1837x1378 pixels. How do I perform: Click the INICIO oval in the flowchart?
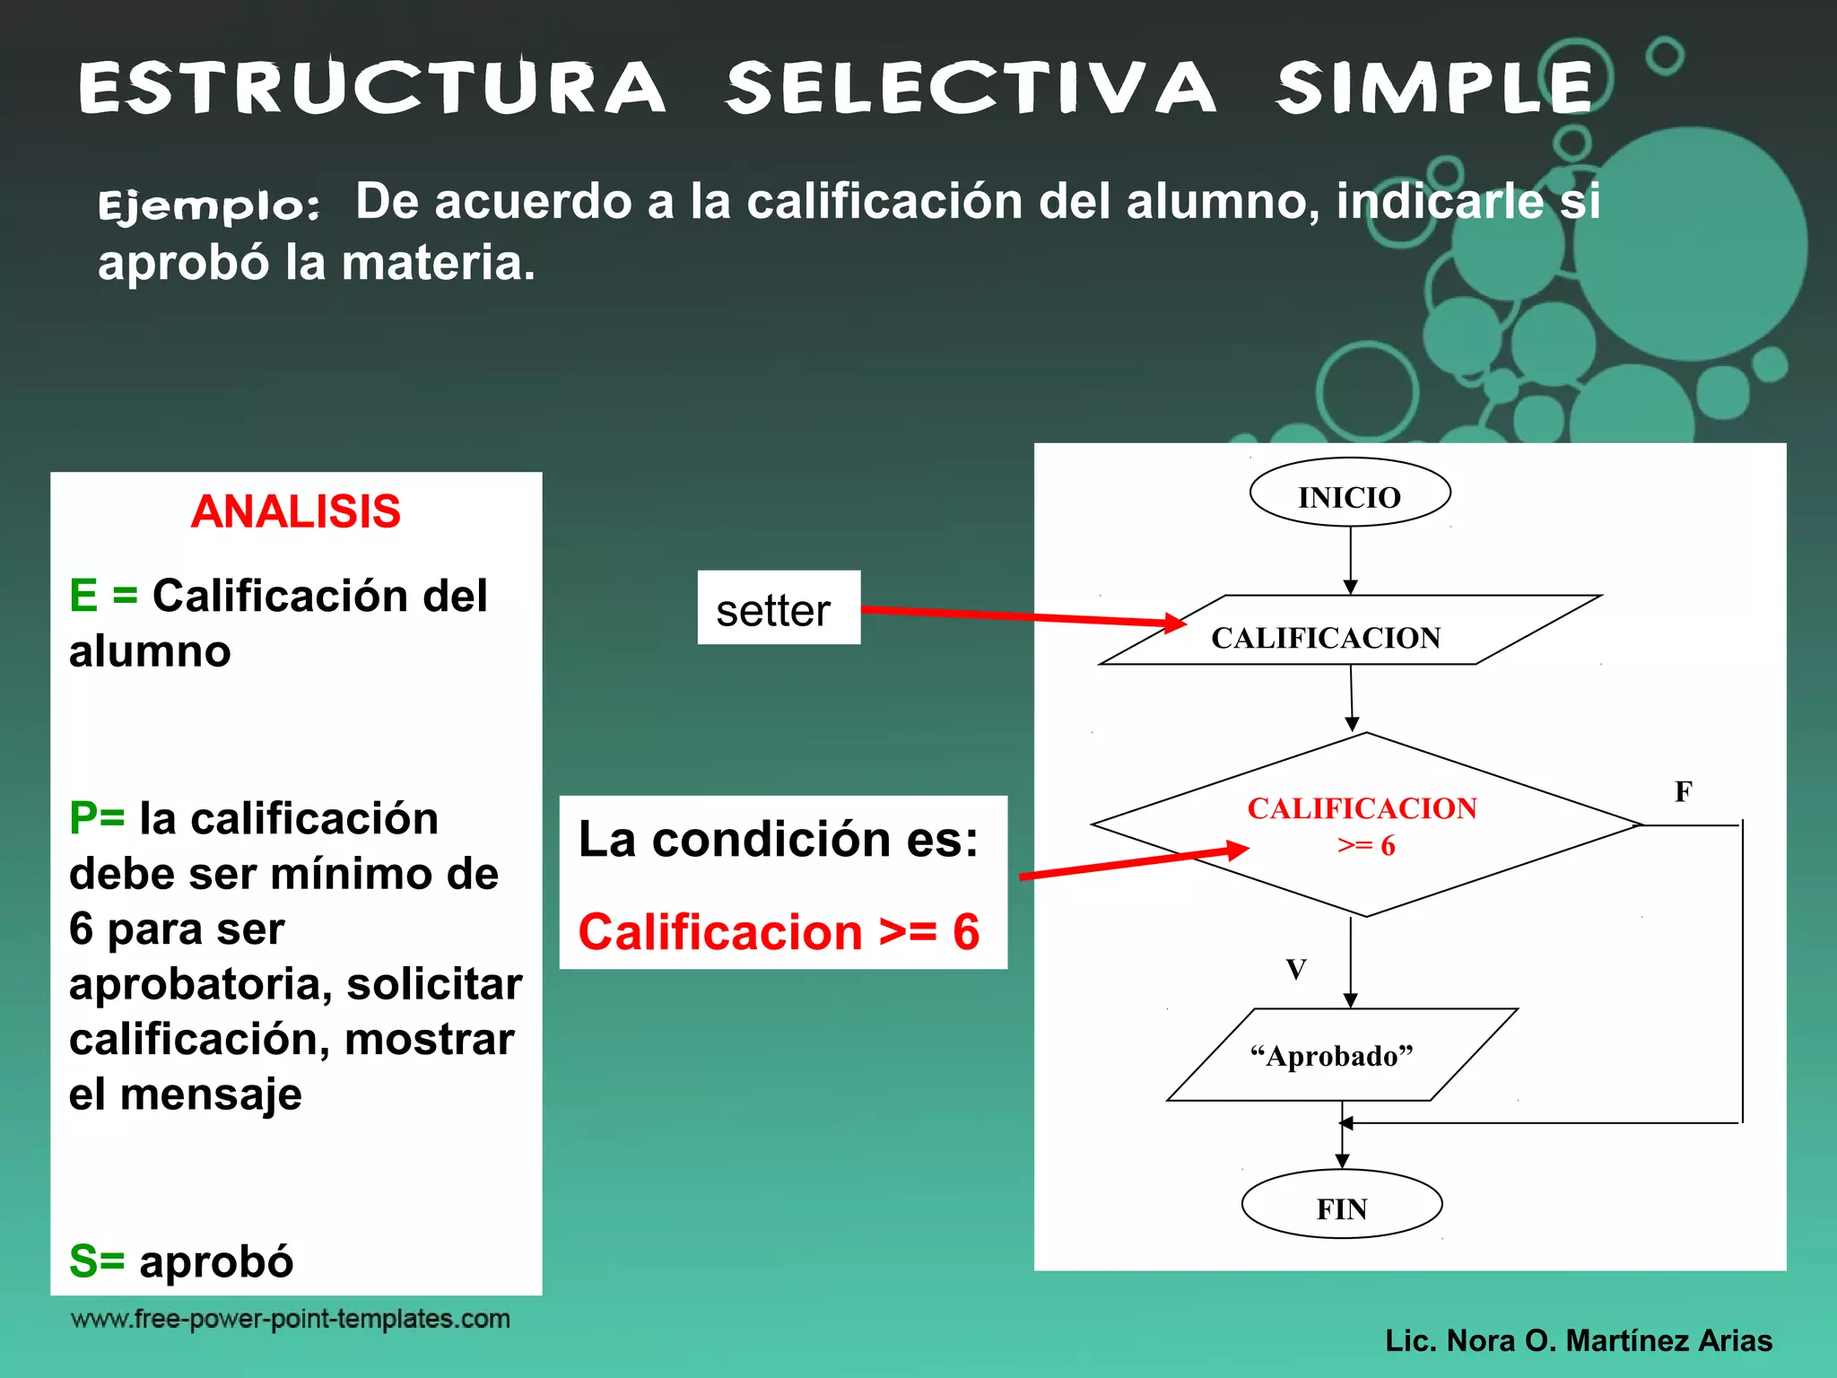pyautogui.click(x=1350, y=493)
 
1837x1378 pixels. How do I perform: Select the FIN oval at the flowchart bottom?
pyautogui.click(x=1342, y=1205)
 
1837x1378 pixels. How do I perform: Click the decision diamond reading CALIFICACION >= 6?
pyautogui.click(x=1364, y=825)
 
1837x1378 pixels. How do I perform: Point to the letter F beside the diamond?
pyautogui.click(x=1683, y=792)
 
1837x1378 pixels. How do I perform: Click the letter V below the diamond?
pyautogui.click(x=1295, y=969)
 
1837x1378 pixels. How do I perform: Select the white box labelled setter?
pyautogui.click(x=778, y=608)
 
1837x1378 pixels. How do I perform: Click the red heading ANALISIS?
pyautogui.click(x=295, y=512)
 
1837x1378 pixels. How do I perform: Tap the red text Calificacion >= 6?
pyautogui.click(x=779, y=932)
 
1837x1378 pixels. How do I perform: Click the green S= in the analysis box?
pyautogui.click(x=96, y=1260)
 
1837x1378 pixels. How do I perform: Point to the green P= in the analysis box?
pyautogui.click(x=97, y=818)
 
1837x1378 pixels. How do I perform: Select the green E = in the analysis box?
pyautogui.click(x=103, y=596)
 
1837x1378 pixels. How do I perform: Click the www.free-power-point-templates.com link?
pyautogui.click(x=290, y=1319)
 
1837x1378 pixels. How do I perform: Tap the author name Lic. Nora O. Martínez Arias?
pyautogui.click(x=1578, y=1340)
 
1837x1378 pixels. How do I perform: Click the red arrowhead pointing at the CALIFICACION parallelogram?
pyautogui.click(x=1176, y=623)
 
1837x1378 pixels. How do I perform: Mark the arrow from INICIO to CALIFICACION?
pyautogui.click(x=1350, y=560)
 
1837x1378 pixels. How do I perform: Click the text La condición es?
pyautogui.click(x=778, y=840)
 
